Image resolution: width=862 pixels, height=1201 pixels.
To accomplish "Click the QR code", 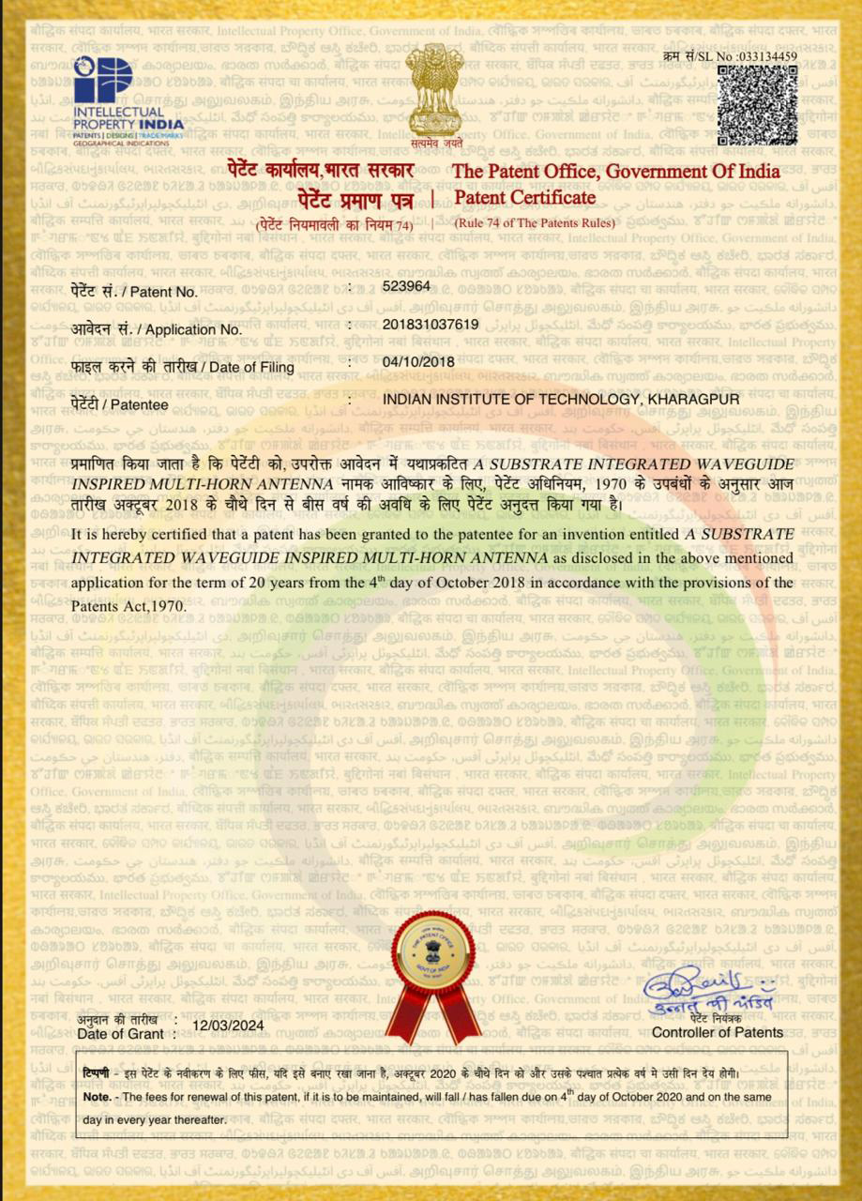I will click(x=757, y=105).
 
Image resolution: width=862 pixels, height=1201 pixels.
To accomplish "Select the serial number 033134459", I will click(x=767, y=56).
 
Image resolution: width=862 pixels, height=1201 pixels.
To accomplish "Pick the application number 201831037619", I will click(x=431, y=325).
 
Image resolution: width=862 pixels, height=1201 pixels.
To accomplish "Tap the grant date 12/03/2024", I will click(x=227, y=1025).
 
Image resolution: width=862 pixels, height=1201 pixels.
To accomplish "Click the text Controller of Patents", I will click(x=718, y=1032).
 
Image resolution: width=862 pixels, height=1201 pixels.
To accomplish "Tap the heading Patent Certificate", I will click(x=524, y=198).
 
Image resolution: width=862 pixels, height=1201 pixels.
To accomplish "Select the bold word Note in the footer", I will click(x=96, y=1097).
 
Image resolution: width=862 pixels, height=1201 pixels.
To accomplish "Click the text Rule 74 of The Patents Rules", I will click(x=535, y=223).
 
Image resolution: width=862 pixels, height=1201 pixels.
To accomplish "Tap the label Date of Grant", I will click(x=125, y=1033).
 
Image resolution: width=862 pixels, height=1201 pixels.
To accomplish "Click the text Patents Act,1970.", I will click(x=129, y=605).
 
